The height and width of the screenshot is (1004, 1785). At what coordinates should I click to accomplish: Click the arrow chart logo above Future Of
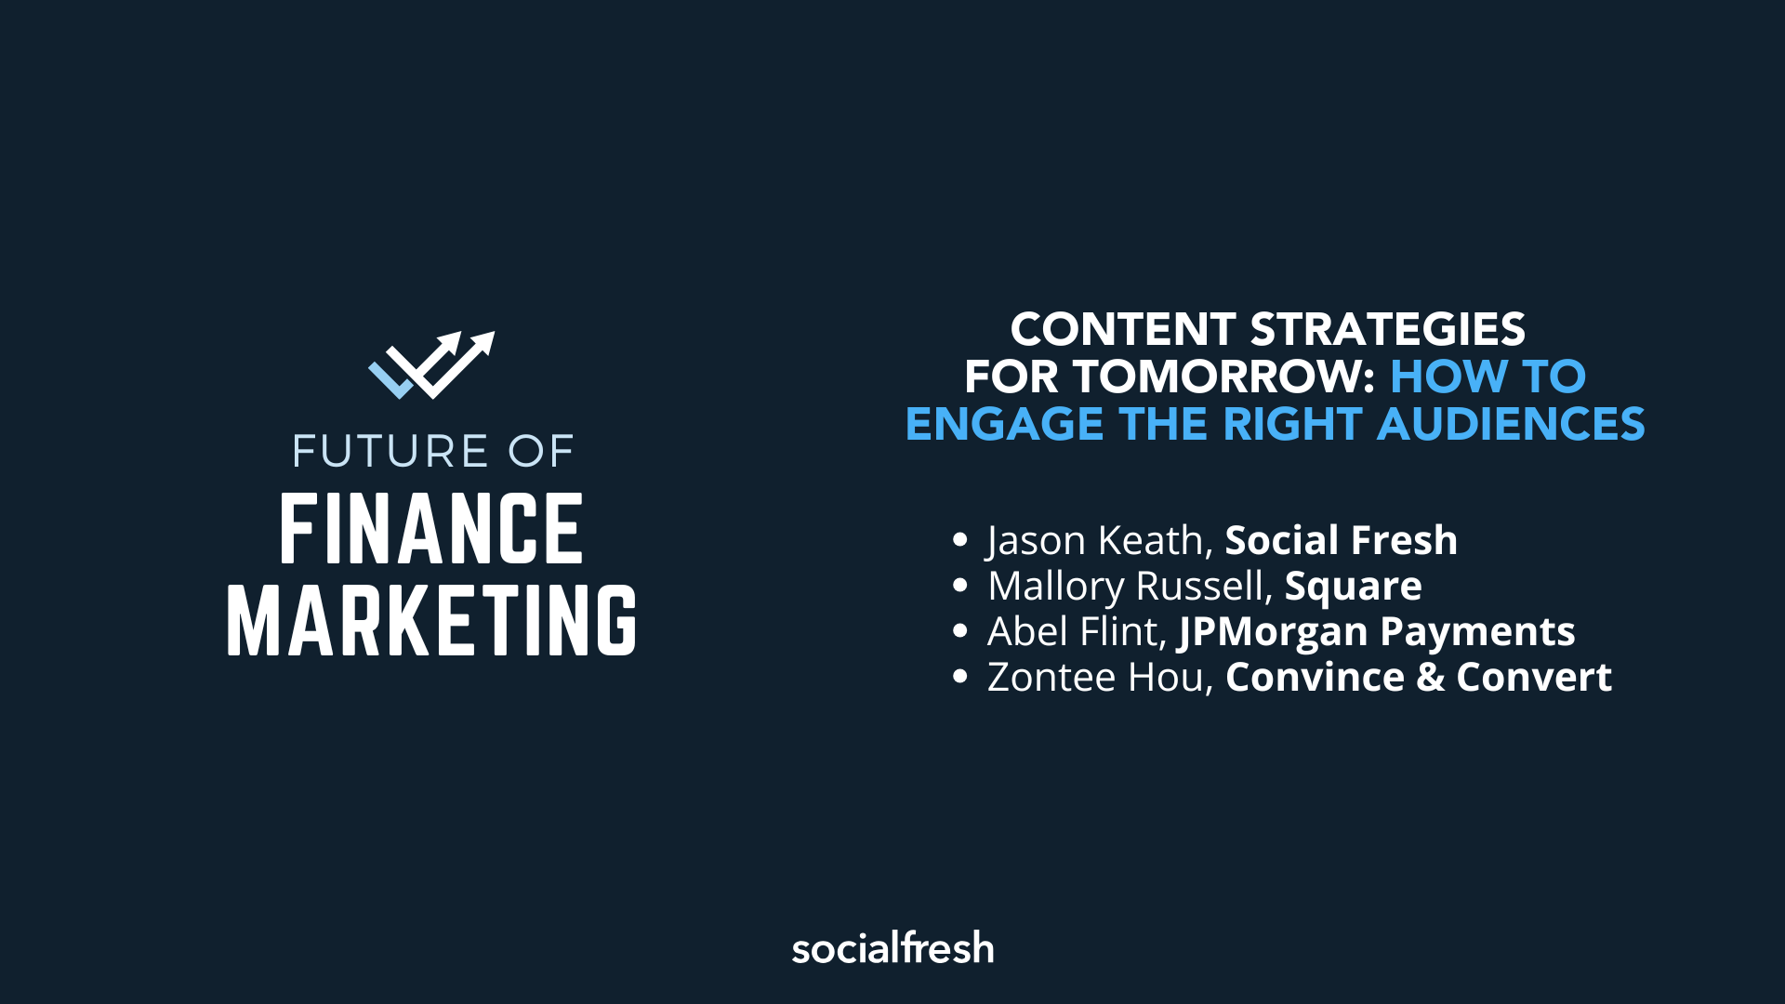(x=431, y=364)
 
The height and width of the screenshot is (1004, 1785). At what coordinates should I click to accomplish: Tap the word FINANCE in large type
(x=431, y=530)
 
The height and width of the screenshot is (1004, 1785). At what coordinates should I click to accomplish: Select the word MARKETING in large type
(x=431, y=621)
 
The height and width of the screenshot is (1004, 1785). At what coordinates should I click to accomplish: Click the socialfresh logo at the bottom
(x=892, y=948)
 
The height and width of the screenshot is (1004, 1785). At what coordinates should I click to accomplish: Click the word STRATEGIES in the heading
(x=1387, y=330)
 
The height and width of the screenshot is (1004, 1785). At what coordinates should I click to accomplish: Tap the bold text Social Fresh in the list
(x=1341, y=541)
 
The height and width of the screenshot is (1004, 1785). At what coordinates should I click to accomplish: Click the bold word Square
(x=1353, y=587)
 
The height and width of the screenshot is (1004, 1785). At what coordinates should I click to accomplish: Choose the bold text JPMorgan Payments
(x=1377, y=632)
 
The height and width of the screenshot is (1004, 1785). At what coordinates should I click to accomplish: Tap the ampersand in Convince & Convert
(x=1431, y=678)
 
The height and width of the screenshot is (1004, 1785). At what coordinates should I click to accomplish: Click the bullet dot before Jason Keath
(x=960, y=540)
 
